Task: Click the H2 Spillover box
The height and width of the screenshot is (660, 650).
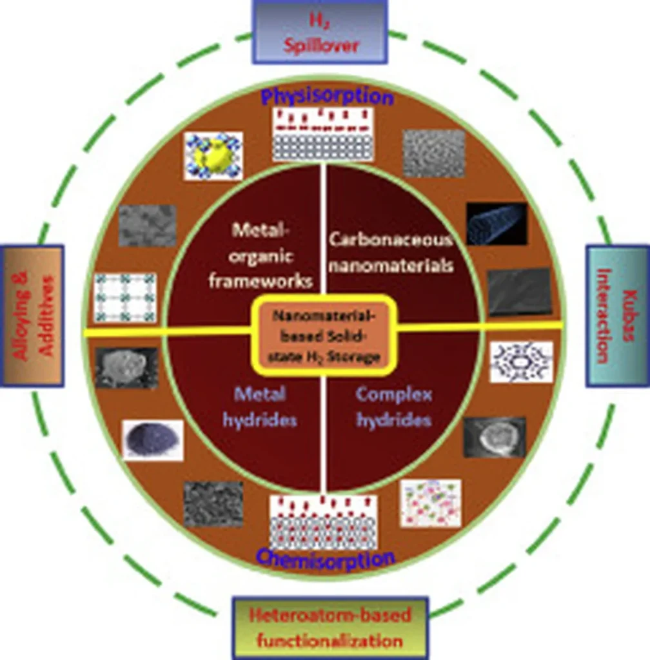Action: pos(320,32)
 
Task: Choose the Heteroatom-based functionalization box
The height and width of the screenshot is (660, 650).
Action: pos(330,627)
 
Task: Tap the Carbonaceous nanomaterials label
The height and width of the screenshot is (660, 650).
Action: pos(391,252)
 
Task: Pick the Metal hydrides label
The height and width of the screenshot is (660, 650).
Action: pos(260,407)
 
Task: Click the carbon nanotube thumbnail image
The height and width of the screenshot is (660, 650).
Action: pos(497,223)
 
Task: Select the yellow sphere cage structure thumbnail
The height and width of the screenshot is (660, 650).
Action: pos(213,155)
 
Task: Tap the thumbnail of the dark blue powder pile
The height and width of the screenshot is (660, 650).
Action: pos(153,440)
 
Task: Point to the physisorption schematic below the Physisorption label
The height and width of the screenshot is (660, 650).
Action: pos(323,135)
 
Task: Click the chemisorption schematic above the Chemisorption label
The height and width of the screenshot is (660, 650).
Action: pos(323,523)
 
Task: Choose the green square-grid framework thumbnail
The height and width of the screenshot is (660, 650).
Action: pos(125,298)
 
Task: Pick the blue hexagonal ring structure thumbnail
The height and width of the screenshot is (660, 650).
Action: pos(521,362)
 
